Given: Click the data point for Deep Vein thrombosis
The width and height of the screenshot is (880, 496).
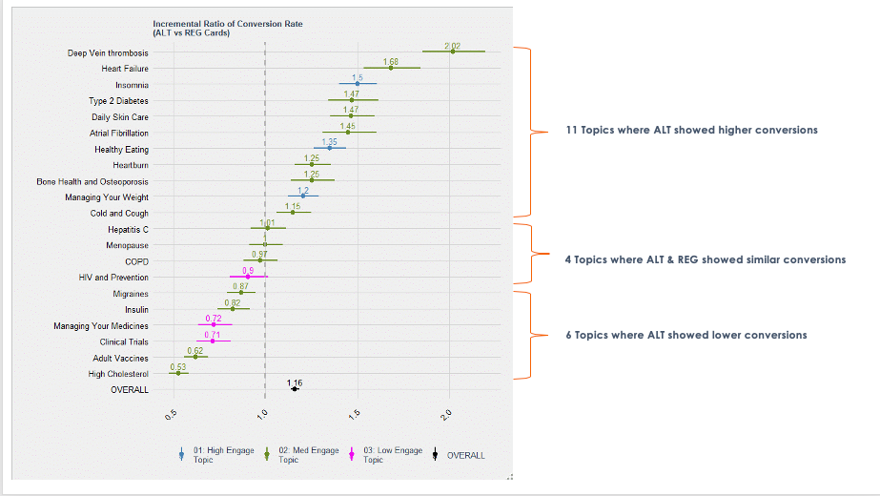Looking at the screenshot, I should [453, 52].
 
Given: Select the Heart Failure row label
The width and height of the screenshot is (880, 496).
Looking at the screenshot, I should [124, 69].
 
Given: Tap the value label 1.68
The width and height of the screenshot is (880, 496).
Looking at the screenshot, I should [391, 61].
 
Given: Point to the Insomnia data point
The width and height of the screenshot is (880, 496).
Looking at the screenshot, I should [358, 84].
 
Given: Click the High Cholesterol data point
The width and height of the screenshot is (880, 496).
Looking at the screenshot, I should [178, 373].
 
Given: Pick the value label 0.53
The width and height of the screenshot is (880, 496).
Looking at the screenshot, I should [178, 366].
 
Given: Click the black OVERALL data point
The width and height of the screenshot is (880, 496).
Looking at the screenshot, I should [295, 389].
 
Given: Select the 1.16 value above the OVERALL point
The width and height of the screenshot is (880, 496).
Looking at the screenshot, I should [295, 382].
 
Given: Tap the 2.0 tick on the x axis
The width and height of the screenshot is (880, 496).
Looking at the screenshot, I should [448, 413].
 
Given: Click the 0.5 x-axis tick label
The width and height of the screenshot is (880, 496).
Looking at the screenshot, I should [172, 413].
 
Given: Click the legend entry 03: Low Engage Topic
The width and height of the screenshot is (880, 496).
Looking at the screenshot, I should [385, 455].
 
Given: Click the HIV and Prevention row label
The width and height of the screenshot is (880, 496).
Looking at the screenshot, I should [113, 278].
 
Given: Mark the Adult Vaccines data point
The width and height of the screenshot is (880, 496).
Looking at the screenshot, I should [195, 357].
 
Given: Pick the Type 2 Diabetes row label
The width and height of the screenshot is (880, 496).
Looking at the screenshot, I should [118, 100].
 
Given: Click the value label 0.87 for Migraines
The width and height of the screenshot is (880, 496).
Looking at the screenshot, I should [241, 286].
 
